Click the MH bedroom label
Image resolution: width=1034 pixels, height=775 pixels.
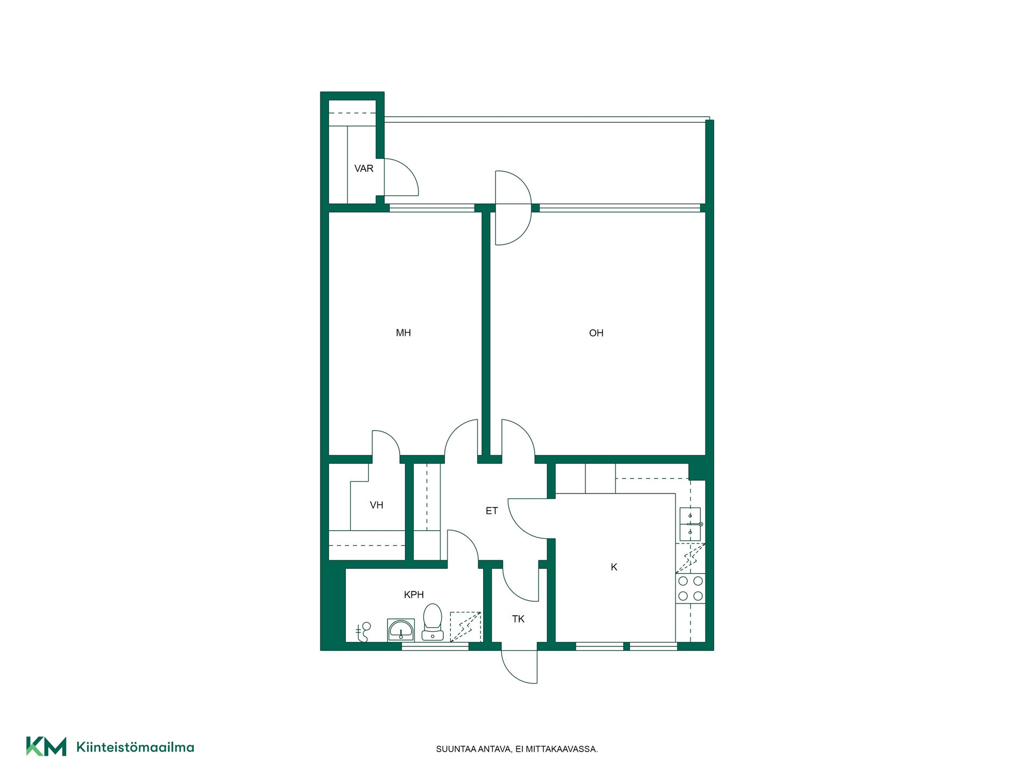(x=403, y=333)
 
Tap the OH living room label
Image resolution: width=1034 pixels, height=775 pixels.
(x=596, y=333)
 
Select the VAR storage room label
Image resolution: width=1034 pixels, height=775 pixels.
(x=364, y=168)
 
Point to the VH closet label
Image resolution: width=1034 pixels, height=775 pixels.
(x=376, y=505)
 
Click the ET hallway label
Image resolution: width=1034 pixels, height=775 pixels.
(x=492, y=511)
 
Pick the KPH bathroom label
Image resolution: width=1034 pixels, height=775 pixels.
(x=414, y=595)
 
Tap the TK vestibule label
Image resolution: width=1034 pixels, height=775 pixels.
(x=518, y=619)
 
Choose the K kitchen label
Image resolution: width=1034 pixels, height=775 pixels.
(x=614, y=567)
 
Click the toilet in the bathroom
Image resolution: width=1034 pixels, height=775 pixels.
(x=432, y=622)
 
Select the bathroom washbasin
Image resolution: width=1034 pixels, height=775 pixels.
(x=401, y=630)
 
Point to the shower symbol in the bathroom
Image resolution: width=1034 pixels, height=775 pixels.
(x=363, y=632)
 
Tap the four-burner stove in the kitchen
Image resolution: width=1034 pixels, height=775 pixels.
(x=690, y=588)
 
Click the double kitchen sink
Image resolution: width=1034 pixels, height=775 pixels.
(x=690, y=524)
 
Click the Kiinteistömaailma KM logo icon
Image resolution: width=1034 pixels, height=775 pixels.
(x=46, y=746)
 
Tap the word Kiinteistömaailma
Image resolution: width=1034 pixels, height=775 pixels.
(x=135, y=747)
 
